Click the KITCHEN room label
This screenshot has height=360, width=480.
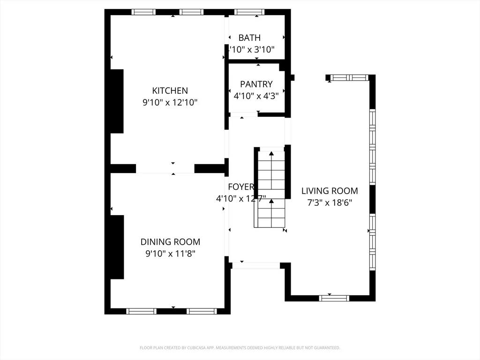(x=170, y=90)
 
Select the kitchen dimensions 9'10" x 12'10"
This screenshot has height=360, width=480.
(x=170, y=102)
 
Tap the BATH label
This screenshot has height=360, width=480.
(x=249, y=37)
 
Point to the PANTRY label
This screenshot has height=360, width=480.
(x=256, y=84)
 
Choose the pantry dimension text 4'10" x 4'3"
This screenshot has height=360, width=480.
(x=256, y=96)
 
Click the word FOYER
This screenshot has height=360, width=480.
(x=240, y=187)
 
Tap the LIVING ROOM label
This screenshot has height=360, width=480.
(x=330, y=191)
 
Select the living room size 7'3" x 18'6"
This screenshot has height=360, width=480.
(x=330, y=202)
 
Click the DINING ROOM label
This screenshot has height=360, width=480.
(x=170, y=242)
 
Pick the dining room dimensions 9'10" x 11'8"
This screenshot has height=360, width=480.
(x=170, y=254)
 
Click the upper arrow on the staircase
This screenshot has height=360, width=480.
(x=271, y=154)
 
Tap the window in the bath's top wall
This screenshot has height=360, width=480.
(x=249, y=12)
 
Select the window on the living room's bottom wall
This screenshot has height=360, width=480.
(x=334, y=298)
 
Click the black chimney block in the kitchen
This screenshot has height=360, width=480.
(x=117, y=101)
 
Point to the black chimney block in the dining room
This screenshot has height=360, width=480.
(x=117, y=247)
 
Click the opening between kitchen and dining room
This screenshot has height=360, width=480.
(x=165, y=169)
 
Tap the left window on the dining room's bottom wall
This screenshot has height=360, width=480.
(x=142, y=311)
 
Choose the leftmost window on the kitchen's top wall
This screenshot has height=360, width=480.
(x=143, y=12)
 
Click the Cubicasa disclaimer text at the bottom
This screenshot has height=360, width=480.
(x=240, y=348)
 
